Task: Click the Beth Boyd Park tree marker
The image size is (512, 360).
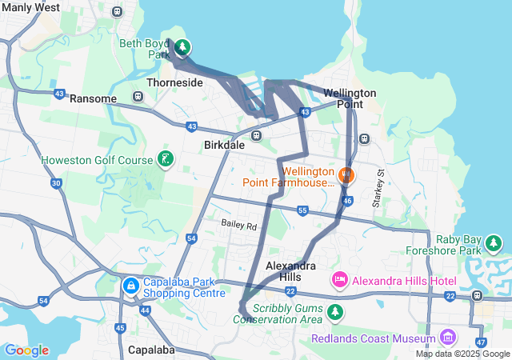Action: point(182,48)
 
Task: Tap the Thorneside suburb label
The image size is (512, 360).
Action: point(174,82)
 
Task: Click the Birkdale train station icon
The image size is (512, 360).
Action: point(257,135)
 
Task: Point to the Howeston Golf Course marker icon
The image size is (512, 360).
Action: point(165,159)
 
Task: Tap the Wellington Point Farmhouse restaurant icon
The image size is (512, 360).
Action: point(346,174)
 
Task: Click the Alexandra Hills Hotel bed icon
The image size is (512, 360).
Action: point(339,281)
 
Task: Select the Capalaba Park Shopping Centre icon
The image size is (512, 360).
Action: point(130,285)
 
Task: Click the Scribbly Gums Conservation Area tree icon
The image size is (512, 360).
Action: point(337,310)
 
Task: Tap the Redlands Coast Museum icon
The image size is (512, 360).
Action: point(446,336)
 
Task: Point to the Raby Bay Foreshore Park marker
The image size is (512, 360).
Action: point(496,242)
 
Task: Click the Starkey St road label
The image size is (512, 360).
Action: point(382,189)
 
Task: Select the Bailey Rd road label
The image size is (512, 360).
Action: point(239,227)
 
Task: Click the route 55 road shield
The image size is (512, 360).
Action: point(302,210)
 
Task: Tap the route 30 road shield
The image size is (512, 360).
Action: point(56,183)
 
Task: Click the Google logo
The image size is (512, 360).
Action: point(26,350)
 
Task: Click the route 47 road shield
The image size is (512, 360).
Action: point(480,342)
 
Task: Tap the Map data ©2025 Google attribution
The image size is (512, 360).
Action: point(462,354)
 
